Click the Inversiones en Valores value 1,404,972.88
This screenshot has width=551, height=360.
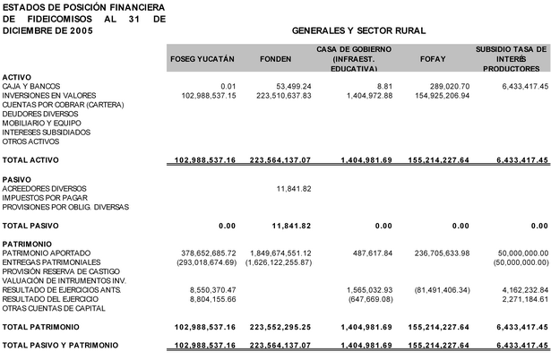(x=367, y=95)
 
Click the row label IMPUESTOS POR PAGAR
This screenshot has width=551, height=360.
(x=43, y=197)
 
